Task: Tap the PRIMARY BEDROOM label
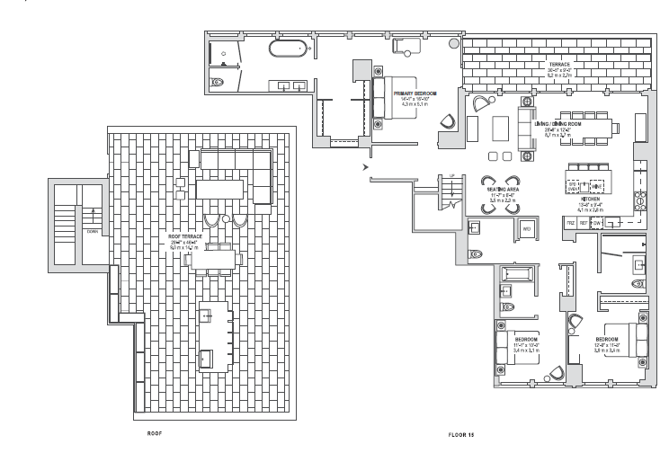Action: pyautogui.click(x=415, y=92)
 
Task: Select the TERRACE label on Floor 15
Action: pyautogui.click(x=560, y=65)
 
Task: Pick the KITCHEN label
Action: pyautogui.click(x=591, y=200)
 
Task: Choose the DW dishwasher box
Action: pyautogui.click(x=596, y=221)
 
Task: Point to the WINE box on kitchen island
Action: pyautogui.click(x=594, y=185)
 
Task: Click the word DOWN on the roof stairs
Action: pyautogui.click(x=92, y=229)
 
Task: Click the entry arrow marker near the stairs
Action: pyautogui.click(x=364, y=166)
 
